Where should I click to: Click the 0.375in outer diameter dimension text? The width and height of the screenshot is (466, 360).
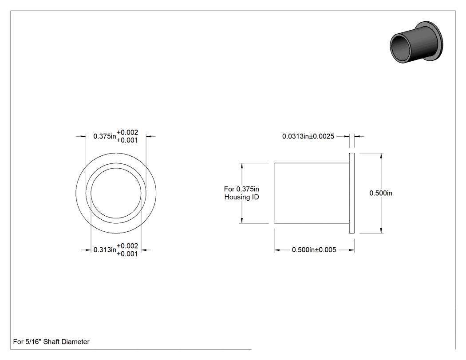105,136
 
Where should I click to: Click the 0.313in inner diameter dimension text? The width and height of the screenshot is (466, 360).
105,250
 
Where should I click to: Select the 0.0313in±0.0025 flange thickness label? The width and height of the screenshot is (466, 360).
308,136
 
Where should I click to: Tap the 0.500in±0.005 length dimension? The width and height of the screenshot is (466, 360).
314,250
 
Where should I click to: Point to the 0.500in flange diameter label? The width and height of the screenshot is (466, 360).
381,193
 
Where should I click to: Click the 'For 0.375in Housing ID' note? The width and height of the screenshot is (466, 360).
241,193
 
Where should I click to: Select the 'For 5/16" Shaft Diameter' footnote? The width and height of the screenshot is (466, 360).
51,342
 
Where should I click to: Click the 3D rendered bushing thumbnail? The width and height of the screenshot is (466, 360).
416,42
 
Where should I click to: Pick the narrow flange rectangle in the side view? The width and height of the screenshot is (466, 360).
351,193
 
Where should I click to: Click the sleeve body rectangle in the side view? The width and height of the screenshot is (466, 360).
312,193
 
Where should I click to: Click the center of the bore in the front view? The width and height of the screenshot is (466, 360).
116,193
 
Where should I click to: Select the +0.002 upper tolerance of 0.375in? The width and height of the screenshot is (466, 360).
127,132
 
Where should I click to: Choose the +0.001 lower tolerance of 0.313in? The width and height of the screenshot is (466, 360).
127,254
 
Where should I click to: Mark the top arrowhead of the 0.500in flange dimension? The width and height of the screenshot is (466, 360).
381,156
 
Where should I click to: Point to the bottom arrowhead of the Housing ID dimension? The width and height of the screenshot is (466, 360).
242,220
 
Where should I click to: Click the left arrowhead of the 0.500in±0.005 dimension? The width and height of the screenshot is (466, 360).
277,250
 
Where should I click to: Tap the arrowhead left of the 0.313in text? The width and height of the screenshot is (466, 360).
88,250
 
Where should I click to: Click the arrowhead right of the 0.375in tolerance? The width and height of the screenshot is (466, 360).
149,136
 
